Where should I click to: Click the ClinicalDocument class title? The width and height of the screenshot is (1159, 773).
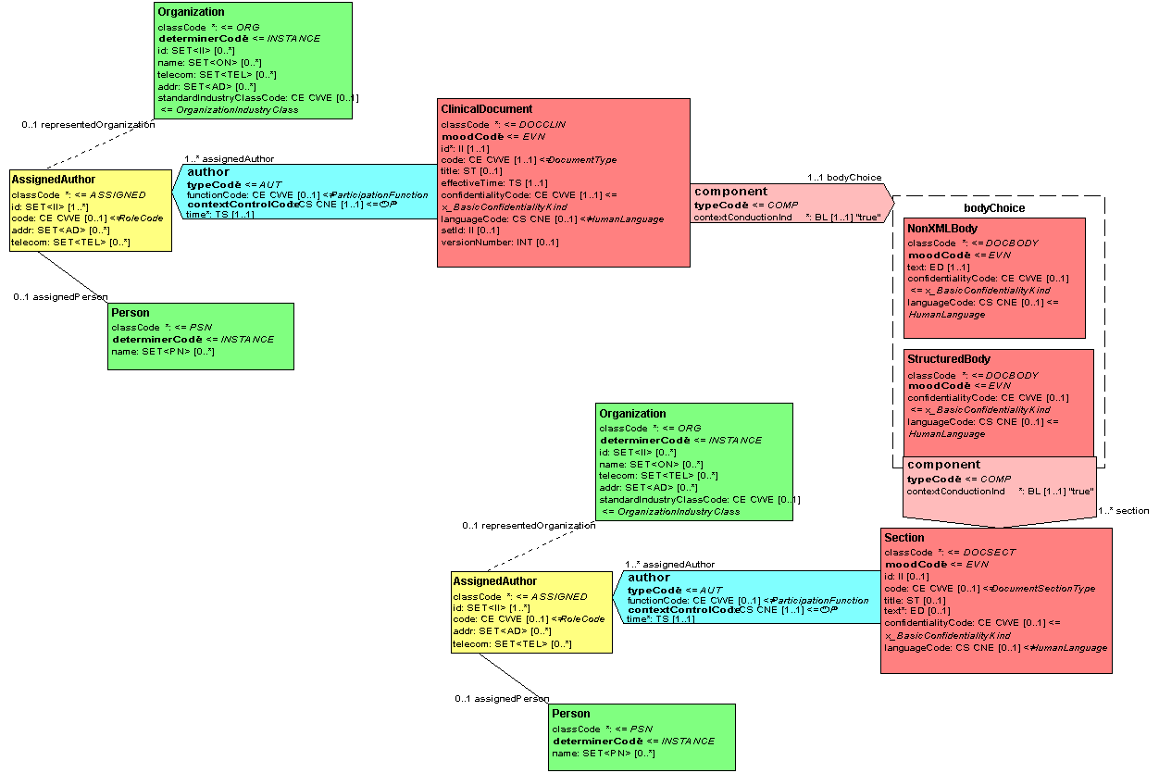point(486,109)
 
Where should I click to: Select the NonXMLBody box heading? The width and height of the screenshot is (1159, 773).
point(941,229)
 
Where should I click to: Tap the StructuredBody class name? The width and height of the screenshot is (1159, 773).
point(949,359)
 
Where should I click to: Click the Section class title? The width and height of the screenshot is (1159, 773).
point(904,538)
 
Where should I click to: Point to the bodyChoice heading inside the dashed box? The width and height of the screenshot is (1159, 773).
point(994,208)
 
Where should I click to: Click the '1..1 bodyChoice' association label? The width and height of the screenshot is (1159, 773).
point(844,178)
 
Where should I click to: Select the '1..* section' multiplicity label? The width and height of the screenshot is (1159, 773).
point(1123,511)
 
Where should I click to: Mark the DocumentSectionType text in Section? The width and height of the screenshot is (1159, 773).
point(1044,589)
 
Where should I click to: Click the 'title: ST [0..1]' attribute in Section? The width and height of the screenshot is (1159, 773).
point(915,600)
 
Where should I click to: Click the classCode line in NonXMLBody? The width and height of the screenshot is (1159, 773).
point(946,243)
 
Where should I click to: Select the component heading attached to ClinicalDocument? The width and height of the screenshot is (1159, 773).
point(730,192)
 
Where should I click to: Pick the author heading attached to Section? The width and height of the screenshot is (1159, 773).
point(648,578)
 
